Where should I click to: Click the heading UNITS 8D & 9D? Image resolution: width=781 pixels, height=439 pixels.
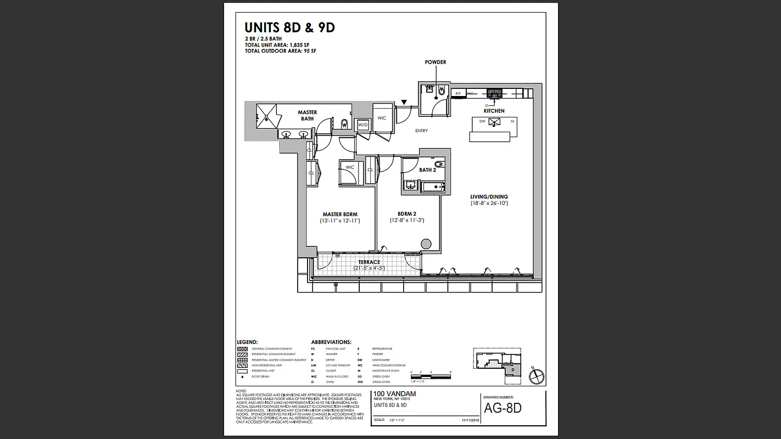289,28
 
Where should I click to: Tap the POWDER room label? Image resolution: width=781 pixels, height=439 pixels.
436,62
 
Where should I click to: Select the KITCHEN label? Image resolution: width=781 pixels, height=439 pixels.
494,111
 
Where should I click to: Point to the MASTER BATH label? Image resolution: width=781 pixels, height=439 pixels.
308,116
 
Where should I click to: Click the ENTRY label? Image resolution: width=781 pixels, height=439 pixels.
422,131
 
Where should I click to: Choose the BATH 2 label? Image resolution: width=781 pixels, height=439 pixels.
427,170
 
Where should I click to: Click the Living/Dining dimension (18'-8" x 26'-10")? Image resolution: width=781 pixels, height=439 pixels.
489,203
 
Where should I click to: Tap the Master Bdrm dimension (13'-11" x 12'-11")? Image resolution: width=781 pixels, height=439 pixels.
340,221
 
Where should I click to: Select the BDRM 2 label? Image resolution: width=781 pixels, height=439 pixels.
407,214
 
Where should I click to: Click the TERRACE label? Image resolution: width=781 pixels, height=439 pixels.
369,262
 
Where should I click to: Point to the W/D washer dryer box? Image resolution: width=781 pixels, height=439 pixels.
362,125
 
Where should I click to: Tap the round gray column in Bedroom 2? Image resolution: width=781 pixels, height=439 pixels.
426,244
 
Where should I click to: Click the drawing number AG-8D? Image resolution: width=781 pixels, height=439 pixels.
503,408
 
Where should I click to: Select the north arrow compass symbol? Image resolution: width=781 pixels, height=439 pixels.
536,376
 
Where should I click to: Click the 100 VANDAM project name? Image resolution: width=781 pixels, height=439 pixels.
394,394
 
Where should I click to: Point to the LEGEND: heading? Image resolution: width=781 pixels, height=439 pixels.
247,342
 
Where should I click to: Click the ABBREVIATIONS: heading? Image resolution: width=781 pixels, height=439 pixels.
331,342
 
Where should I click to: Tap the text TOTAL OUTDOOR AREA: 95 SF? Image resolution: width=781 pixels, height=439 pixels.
280,51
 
